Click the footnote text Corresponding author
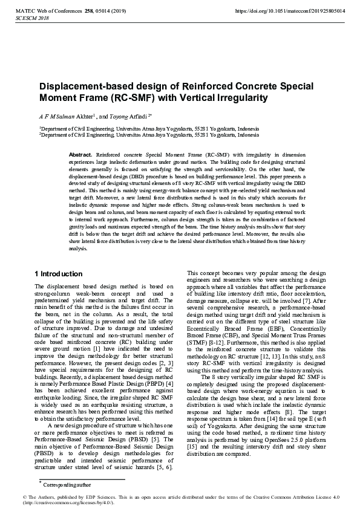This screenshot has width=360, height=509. (67, 485)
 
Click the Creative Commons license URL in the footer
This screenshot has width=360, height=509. (67, 503)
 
